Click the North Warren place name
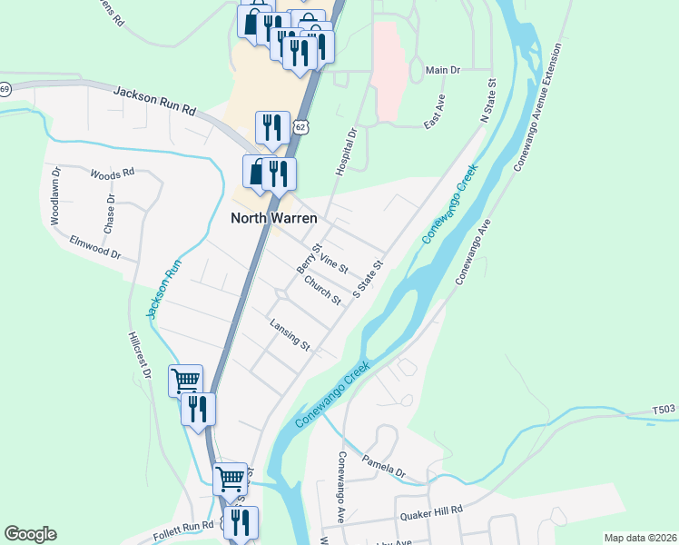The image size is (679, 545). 273,217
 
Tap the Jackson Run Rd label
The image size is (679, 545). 155,101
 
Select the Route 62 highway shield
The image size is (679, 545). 301,127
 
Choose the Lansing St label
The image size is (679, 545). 290,334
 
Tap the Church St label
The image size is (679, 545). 322,290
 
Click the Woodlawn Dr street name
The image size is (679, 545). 55,195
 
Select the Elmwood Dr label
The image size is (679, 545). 94,247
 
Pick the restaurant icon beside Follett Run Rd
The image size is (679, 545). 241,521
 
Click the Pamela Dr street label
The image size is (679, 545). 384,464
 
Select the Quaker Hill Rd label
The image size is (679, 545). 432,513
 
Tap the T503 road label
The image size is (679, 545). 664,411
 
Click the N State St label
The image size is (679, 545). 489,101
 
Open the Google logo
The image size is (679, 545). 30,534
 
